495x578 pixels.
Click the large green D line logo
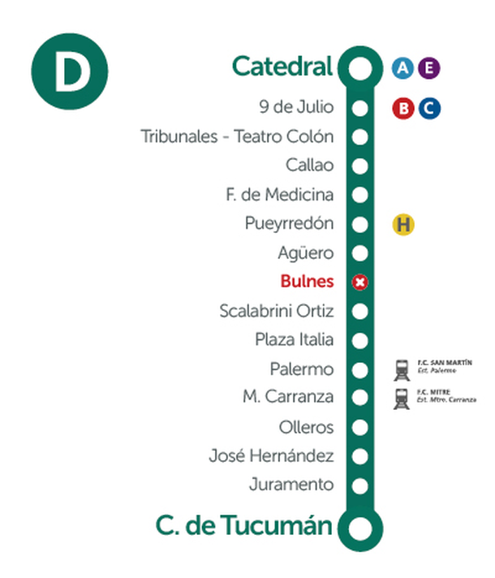tap(69, 74)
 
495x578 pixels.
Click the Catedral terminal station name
tap(282, 66)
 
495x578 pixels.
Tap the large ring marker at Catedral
tap(360, 68)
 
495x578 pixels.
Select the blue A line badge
tap(402, 68)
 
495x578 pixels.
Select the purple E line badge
tap(428, 68)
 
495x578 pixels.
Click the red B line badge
tap(402, 107)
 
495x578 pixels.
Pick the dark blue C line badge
tap(428, 107)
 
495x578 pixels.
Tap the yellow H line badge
tap(403, 224)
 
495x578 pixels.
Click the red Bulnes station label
tap(307, 282)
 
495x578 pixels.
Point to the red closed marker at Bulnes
tap(361, 282)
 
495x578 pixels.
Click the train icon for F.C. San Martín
tap(402, 369)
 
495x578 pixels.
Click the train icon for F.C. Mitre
tap(402, 399)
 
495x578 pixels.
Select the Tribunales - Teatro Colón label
tap(237, 136)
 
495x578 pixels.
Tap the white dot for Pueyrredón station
tap(361, 223)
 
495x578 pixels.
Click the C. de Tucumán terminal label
tap(243, 526)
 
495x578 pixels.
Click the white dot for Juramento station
tap(361, 485)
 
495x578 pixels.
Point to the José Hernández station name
tap(271, 456)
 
